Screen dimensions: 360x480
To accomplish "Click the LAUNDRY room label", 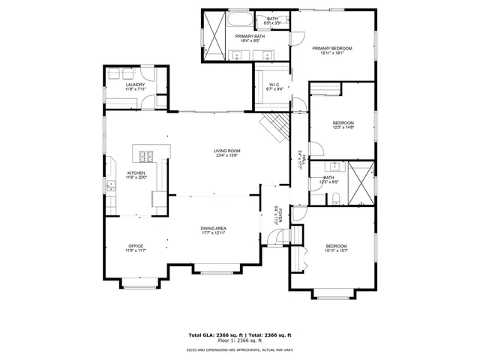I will (135, 85).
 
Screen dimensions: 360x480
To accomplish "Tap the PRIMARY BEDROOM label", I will (331, 48).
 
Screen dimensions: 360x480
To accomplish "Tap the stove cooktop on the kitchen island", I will (145, 156).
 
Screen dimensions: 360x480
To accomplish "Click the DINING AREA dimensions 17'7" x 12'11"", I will (214, 233).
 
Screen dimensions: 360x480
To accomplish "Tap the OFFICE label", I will (135, 245).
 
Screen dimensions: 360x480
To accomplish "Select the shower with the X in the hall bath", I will (362, 184).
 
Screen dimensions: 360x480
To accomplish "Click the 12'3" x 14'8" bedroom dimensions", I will (343, 127).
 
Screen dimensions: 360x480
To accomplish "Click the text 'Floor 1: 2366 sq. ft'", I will (240, 341).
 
